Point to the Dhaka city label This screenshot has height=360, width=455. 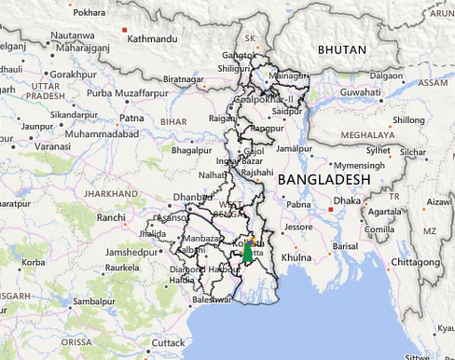(x=347, y=200)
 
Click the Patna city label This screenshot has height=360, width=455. (x=131, y=118)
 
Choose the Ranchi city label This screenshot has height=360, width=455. (x=110, y=217)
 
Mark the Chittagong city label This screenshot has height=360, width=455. (x=413, y=262)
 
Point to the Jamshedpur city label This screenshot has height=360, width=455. (x=132, y=253)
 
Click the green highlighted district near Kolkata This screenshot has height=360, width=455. (x=248, y=253)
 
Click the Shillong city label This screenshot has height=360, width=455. (x=407, y=119)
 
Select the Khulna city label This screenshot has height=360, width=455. (x=296, y=256)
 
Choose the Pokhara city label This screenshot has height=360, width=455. (x=89, y=12)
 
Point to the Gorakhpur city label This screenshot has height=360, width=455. (x=74, y=73)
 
